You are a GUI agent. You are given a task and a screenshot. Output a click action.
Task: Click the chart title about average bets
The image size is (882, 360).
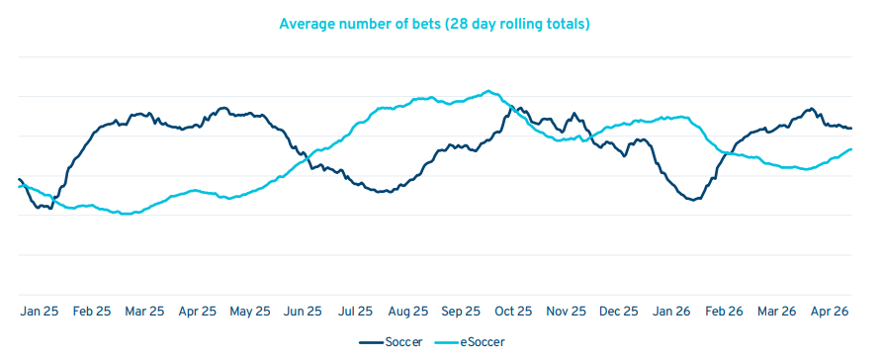(x=434, y=25)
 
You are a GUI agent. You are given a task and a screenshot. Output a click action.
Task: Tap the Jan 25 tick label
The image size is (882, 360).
(x=40, y=312)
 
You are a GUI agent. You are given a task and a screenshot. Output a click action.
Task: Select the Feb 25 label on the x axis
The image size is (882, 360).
(x=92, y=312)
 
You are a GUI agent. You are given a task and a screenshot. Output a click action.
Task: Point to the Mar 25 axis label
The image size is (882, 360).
(x=145, y=312)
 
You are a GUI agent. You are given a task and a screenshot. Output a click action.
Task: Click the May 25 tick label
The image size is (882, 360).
(x=250, y=312)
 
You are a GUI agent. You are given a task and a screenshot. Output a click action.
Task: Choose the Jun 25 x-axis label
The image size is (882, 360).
(x=304, y=312)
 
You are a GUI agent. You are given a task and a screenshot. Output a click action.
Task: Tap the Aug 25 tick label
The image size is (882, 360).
(x=407, y=312)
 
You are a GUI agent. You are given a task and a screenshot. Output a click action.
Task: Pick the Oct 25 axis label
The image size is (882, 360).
(x=512, y=312)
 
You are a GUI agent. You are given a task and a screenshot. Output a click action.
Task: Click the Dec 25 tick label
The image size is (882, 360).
(x=618, y=312)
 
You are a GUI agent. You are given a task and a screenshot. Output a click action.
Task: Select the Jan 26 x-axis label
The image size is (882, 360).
(x=671, y=312)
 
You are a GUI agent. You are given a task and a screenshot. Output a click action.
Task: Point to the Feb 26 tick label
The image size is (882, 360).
(x=725, y=312)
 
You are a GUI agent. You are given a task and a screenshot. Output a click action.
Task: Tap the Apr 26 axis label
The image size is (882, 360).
(x=831, y=312)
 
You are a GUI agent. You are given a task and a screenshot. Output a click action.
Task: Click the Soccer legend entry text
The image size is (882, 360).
(x=403, y=342)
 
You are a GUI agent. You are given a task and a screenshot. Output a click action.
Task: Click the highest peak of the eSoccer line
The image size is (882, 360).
(x=488, y=91)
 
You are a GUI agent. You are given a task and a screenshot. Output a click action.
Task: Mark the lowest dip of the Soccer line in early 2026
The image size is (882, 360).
(x=693, y=200)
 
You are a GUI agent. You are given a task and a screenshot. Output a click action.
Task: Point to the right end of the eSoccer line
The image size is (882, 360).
(x=851, y=149)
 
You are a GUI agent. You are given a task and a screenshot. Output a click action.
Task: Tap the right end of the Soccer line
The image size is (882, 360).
(x=851, y=129)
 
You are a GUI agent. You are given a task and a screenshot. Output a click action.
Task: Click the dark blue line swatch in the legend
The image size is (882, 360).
(x=372, y=342)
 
